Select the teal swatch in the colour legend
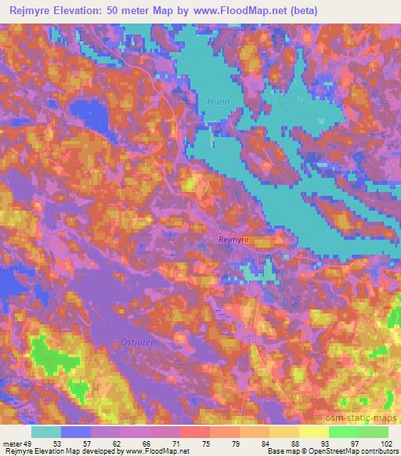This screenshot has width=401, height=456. coord(46,432)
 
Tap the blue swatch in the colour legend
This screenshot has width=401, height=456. coord(76,432)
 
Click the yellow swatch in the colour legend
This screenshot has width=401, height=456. coord(313,432)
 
